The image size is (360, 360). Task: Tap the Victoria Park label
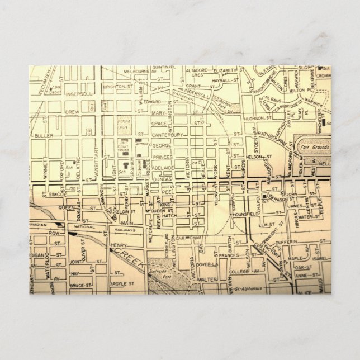[125, 122]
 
